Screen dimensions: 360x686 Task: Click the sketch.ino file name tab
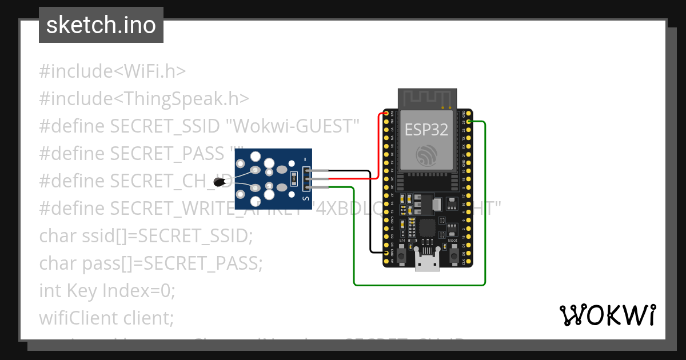click(x=101, y=25)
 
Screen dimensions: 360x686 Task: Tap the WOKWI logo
click(x=607, y=315)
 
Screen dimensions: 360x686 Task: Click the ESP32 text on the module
click(x=426, y=129)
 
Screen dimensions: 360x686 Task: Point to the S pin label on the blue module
click(x=306, y=198)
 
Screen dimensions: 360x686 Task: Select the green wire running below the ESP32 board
click(x=420, y=284)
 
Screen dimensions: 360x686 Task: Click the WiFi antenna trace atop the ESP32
click(x=427, y=98)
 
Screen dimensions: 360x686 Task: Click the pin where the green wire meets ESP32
click(x=469, y=122)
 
